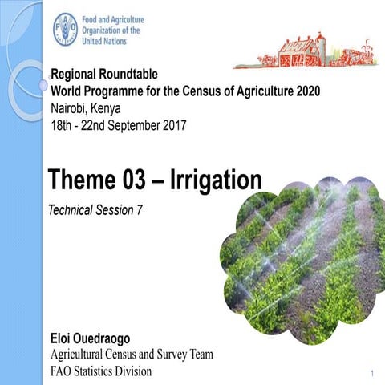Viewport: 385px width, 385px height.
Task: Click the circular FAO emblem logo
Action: click(65, 30)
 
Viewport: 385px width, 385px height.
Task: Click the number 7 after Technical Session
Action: click(149, 209)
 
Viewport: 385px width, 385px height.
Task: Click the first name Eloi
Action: click(64, 338)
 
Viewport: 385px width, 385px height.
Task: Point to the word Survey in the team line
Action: click(164, 355)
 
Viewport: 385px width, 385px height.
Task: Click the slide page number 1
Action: click(374, 374)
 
